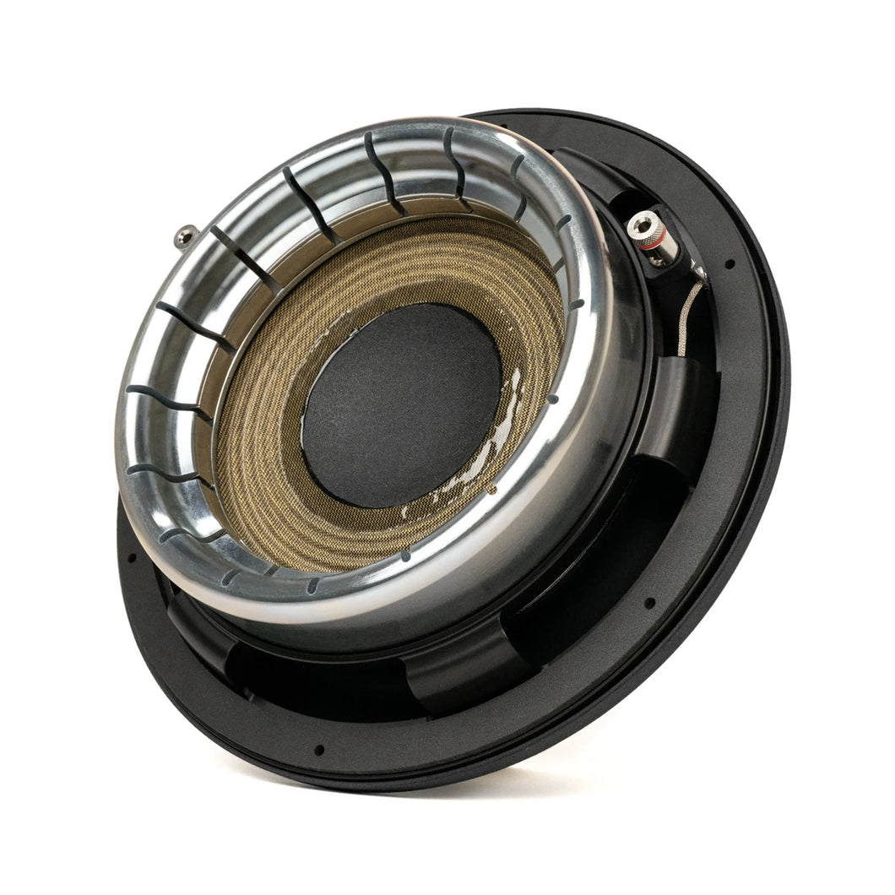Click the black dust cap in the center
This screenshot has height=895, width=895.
coord(402,404)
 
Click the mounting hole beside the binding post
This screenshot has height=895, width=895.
coord(729,264)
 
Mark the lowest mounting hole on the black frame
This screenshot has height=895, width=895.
coord(318,749)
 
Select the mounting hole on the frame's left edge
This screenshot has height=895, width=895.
coord(131,557)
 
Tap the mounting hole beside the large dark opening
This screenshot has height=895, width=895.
coord(649,603)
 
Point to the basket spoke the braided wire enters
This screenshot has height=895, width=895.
coord(684,380)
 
